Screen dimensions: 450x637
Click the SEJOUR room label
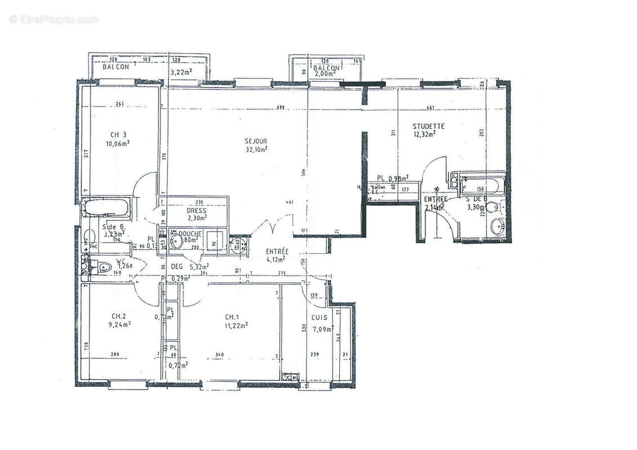[x=255, y=141]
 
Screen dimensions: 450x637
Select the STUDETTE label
[x=428, y=126]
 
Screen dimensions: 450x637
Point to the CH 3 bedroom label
[x=118, y=134]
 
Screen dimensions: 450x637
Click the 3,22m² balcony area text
[x=181, y=71]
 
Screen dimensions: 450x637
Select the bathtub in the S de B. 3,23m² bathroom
[x=106, y=207]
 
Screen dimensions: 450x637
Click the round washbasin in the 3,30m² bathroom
[x=497, y=227]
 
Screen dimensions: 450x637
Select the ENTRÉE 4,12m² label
[x=277, y=255]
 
